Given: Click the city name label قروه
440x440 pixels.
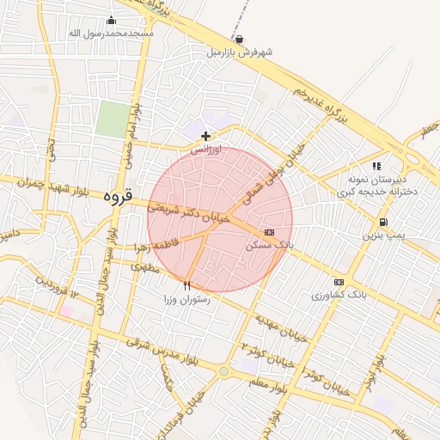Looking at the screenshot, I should (x=118, y=196).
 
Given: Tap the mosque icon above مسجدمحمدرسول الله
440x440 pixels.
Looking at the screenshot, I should (x=111, y=21).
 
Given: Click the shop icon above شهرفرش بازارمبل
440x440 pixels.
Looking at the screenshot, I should (x=238, y=39).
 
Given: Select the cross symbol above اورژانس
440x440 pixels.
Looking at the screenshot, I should (x=205, y=136).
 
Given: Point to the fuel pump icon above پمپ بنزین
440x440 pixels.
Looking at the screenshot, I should (x=382, y=221).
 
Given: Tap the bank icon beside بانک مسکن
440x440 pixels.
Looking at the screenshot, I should (x=269, y=232).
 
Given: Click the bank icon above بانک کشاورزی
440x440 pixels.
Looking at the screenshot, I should (x=339, y=282).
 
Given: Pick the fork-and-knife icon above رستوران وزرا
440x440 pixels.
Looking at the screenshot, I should (x=187, y=285).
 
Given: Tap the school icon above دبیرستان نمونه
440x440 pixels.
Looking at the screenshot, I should (x=376, y=166).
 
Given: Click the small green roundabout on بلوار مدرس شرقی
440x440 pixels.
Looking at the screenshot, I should (x=224, y=372).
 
